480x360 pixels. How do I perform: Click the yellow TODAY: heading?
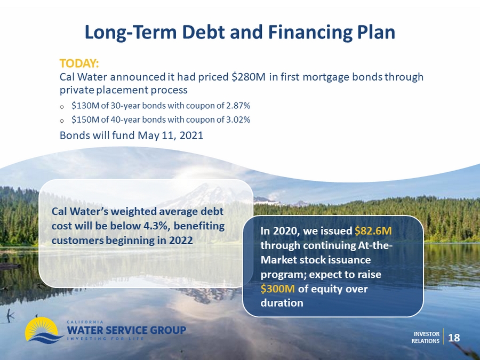pyautogui.click(x=79, y=63)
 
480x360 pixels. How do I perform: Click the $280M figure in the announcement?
pyautogui.click(x=248, y=77)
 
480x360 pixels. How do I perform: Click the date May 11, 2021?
pyautogui.click(x=171, y=135)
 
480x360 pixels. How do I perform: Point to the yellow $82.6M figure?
pyautogui.click(x=373, y=231)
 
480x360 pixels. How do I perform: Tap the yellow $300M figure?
pyautogui.click(x=278, y=289)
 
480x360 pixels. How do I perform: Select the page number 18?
pyautogui.click(x=454, y=338)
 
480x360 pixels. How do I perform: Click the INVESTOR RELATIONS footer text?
pyautogui.click(x=426, y=338)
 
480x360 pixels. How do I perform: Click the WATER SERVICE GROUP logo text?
pyautogui.click(x=126, y=330)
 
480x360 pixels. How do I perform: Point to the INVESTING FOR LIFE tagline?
pyautogui.click(x=105, y=339)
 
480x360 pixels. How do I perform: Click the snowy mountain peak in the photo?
pyautogui.click(x=208, y=194)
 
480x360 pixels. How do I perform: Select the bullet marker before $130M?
pyautogui.click(x=62, y=107)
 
